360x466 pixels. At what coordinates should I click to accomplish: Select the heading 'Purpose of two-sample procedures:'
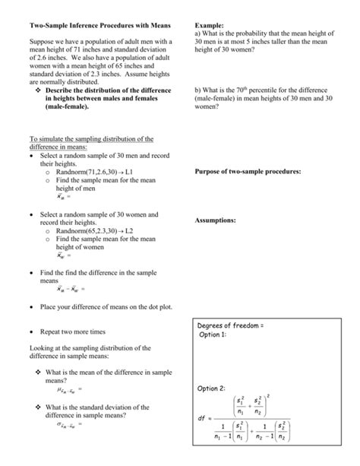pos(248,172)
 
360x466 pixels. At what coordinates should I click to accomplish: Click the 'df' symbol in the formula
pos(202,418)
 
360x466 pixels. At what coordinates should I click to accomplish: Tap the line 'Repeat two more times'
pos(73,332)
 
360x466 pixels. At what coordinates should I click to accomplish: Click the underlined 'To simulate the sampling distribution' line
pos(90,139)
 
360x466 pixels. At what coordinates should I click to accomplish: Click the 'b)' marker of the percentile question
pos(198,90)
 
